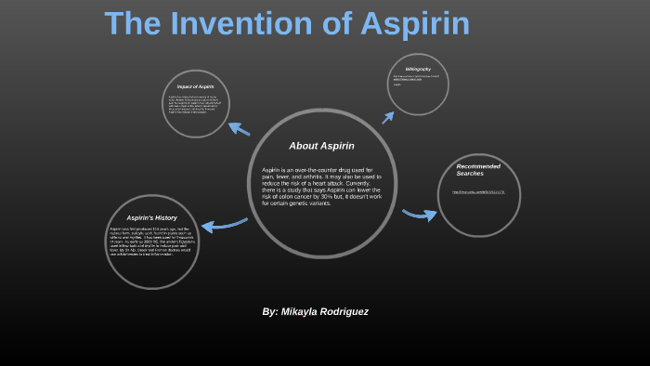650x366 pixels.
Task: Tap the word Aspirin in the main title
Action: click(x=409, y=25)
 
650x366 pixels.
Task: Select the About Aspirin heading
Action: click(x=321, y=146)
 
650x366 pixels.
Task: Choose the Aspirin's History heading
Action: click(x=151, y=217)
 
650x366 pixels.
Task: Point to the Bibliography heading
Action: click(x=417, y=69)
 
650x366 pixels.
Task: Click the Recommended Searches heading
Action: click(x=478, y=170)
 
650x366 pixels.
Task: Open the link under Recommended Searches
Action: click(x=478, y=192)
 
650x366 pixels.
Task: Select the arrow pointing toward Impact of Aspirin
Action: click(x=240, y=129)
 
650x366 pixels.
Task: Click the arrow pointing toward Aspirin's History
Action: click(x=223, y=224)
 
